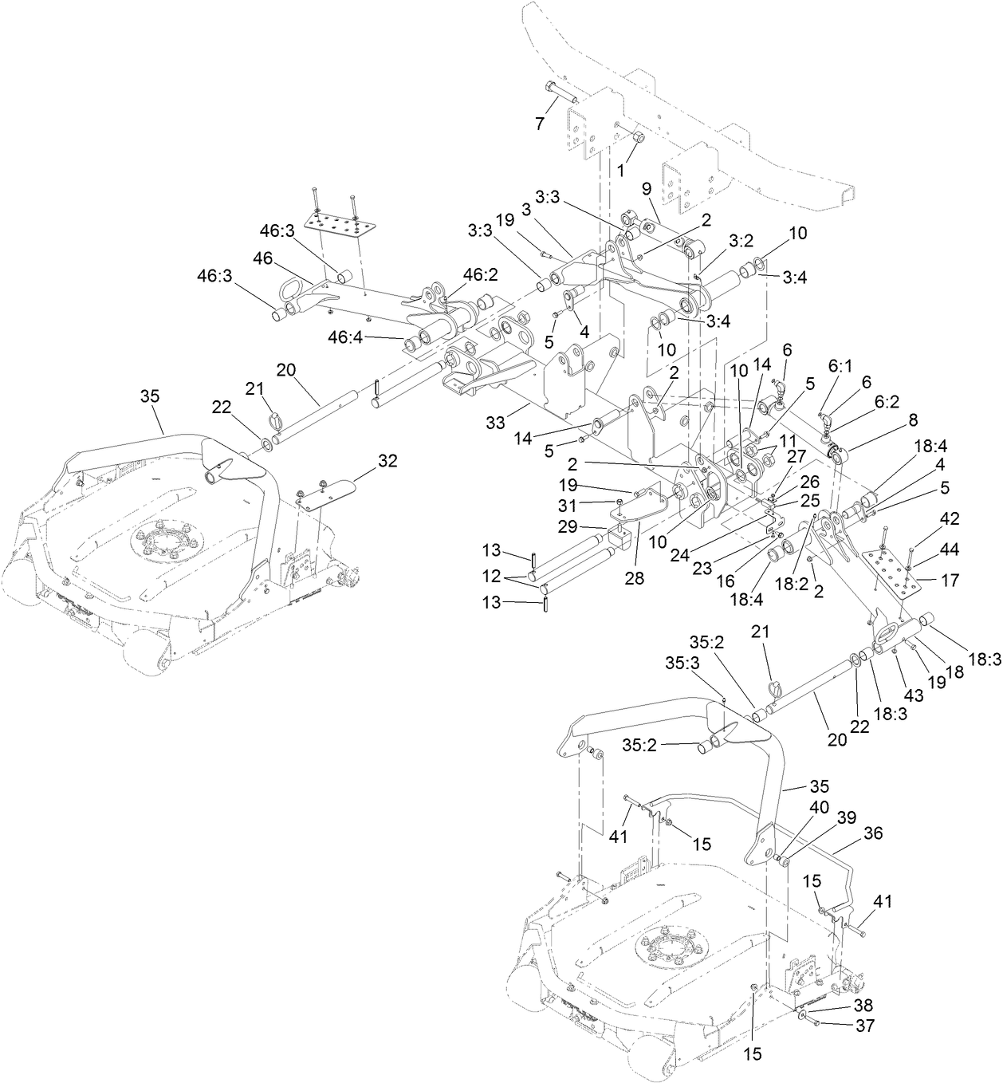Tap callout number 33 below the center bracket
(496, 423)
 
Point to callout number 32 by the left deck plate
(387, 460)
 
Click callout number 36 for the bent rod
(874, 833)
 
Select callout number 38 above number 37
(863, 1005)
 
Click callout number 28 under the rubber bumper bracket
(634, 578)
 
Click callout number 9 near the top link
(647, 190)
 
